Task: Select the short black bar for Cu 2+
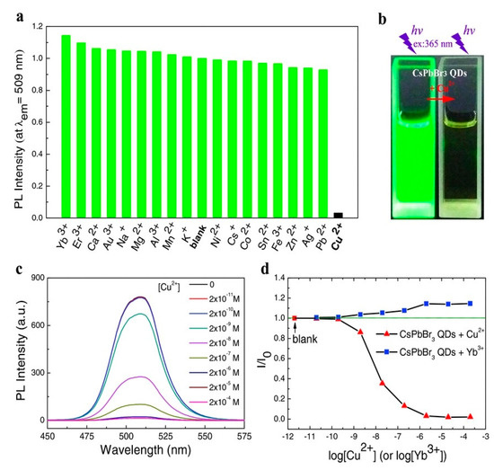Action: tap(312, 216)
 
